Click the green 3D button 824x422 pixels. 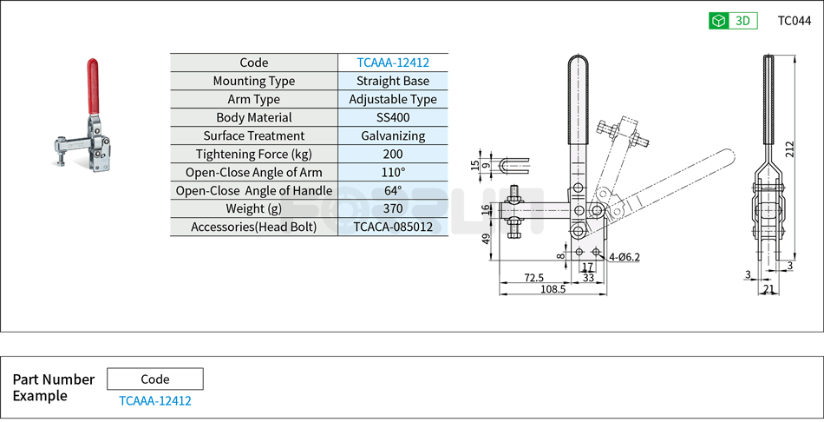pos(733,21)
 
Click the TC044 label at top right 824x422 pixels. pos(794,21)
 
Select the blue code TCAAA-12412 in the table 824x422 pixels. pos(393,63)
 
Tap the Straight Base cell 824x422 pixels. pos(393,81)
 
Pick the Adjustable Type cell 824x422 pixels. pos(393,99)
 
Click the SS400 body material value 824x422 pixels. pos(393,117)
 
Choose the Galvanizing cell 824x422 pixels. pos(393,135)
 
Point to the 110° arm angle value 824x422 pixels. pos(393,172)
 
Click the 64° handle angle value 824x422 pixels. pos(393,190)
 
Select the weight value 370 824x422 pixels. pos(393,208)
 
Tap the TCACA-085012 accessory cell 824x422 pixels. pos(393,227)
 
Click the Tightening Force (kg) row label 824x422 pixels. pos(253,154)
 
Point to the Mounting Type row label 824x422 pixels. pos(253,81)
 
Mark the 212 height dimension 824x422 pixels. pos(789,149)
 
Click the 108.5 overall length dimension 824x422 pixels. pos(552,289)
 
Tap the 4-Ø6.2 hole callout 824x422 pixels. pos(625,257)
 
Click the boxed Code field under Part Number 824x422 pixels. pos(154,379)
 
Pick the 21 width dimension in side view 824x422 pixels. pos(768,289)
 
